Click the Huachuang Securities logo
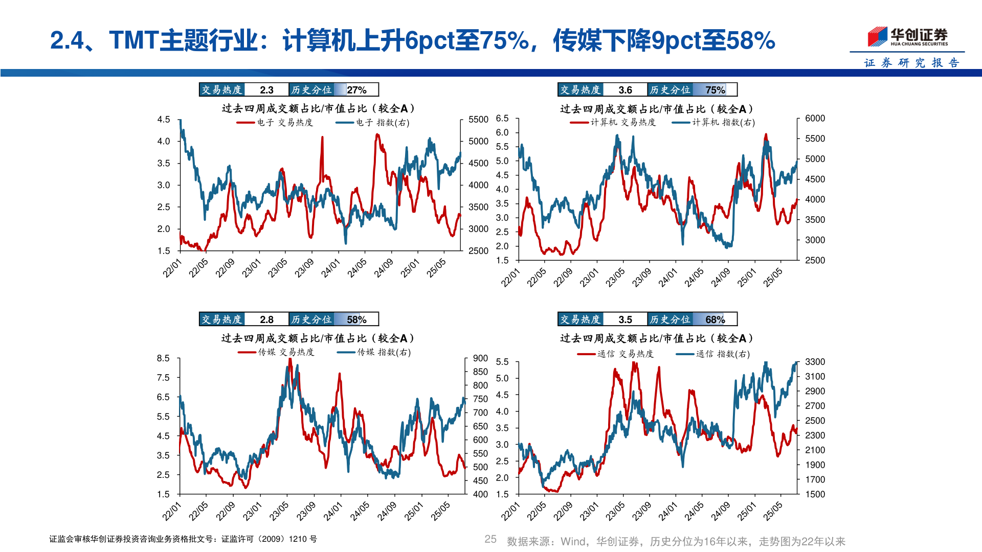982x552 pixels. (907, 37)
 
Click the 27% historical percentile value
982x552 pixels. (356, 90)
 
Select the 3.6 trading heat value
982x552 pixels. (625, 90)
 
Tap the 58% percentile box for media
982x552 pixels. (356, 319)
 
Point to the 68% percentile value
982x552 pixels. (715, 319)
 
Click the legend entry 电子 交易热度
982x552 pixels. (275, 123)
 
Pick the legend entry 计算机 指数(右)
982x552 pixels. (714, 123)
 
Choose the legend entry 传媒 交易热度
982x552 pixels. (276, 352)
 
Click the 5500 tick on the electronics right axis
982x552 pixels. (478, 120)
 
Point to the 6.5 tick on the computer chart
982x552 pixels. (502, 119)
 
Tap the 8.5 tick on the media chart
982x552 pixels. (163, 358)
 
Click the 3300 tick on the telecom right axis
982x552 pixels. (815, 362)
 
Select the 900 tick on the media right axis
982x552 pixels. (480, 358)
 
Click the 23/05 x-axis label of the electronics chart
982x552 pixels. (278, 268)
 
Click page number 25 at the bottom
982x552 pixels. (490, 539)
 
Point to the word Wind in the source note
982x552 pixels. (572, 541)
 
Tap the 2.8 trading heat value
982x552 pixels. (266, 319)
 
